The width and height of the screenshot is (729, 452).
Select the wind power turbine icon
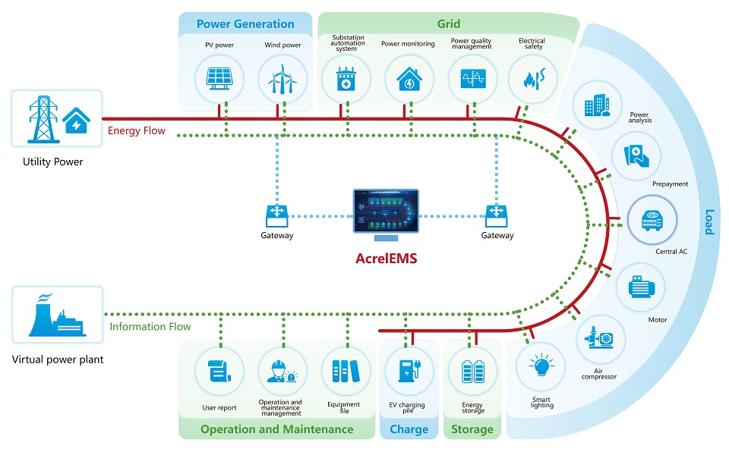click(x=282, y=78)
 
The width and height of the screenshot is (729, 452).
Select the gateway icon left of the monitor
click(x=276, y=214)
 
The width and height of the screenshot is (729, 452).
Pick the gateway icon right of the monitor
click(x=497, y=214)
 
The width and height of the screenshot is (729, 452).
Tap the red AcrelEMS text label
click(x=386, y=258)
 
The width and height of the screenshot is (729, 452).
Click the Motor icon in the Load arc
click(x=642, y=287)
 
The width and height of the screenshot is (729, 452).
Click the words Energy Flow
click(x=137, y=130)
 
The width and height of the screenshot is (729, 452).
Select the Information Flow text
click(x=150, y=327)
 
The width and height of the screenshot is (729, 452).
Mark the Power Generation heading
click(x=245, y=24)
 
